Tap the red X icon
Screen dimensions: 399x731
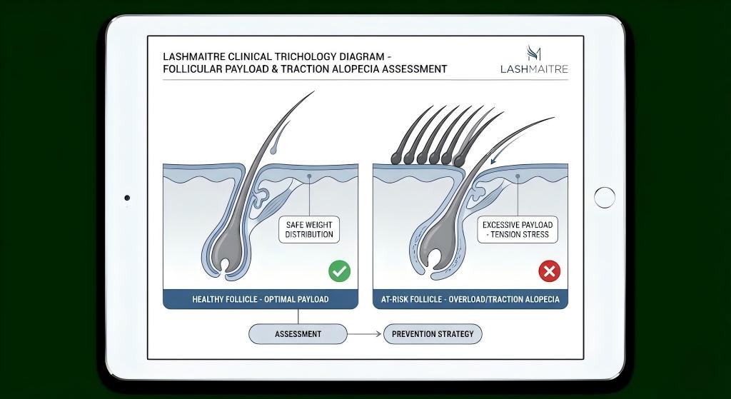549,271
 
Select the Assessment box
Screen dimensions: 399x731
298,333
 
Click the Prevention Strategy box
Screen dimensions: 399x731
433,333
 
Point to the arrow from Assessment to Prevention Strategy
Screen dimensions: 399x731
365,333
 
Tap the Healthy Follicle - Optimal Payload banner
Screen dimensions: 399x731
261,299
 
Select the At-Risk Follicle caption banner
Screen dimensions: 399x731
470,299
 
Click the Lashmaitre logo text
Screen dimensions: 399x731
535,69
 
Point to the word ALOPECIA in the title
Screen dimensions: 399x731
365,69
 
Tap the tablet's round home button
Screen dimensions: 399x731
605,198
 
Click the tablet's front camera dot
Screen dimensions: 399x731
127,198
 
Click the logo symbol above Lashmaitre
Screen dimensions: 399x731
534,52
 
